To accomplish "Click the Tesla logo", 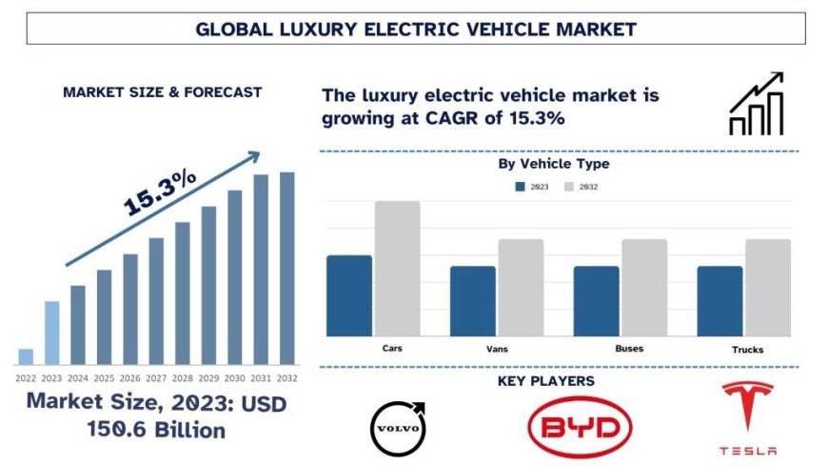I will [x=748, y=417].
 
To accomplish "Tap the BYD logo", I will [x=580, y=427].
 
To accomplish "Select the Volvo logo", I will [x=399, y=428].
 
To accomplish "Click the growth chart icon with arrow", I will [x=757, y=104].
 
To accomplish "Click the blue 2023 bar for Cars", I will [x=349, y=295].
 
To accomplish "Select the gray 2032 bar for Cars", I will [x=397, y=268].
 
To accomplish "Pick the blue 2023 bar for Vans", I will [x=473, y=300].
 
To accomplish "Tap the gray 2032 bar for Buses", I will [x=644, y=287].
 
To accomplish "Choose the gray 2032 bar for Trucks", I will [x=767, y=287].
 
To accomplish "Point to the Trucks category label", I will [x=747, y=350].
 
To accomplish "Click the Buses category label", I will [x=629, y=349].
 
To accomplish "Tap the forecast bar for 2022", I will [x=26, y=356].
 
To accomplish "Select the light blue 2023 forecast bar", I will [x=51, y=333].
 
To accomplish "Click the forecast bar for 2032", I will [x=286, y=268].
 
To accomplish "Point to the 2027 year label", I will [x=156, y=376].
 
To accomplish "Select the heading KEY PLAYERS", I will [x=546, y=381].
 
